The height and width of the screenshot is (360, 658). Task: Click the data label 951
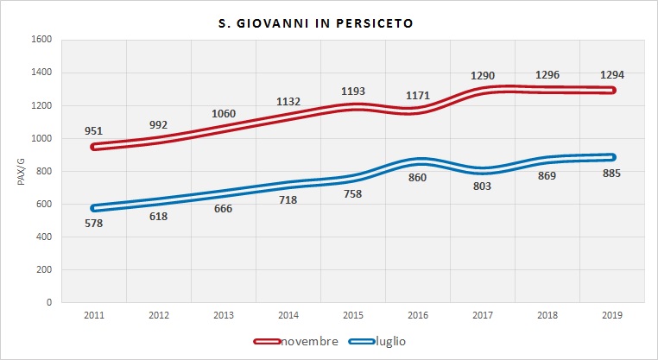coord(93,131)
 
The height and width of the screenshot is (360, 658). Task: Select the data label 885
coord(613,173)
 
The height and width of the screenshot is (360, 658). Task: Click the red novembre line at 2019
coord(611,90)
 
